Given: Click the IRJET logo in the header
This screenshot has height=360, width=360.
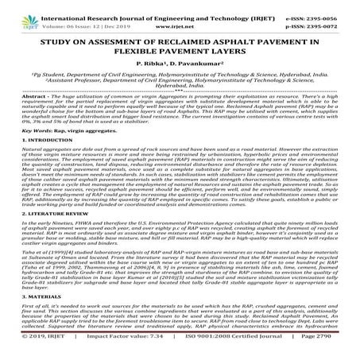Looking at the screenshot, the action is point(17,10).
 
